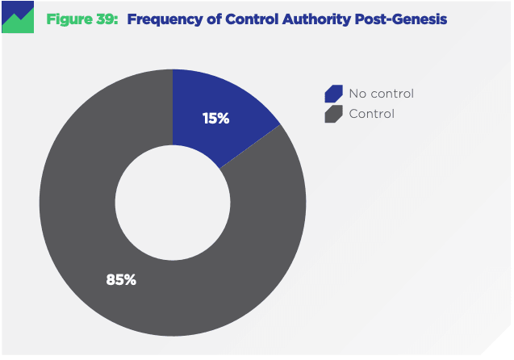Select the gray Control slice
click(x=89, y=242)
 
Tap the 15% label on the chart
click(x=215, y=119)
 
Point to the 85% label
click(x=121, y=280)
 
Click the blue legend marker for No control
click(x=332, y=94)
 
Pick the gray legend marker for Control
click(x=332, y=114)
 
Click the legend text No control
click(x=381, y=94)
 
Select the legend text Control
click(x=372, y=114)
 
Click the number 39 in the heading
click(x=105, y=19)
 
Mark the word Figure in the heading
click(x=71, y=19)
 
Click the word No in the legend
click(x=357, y=94)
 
